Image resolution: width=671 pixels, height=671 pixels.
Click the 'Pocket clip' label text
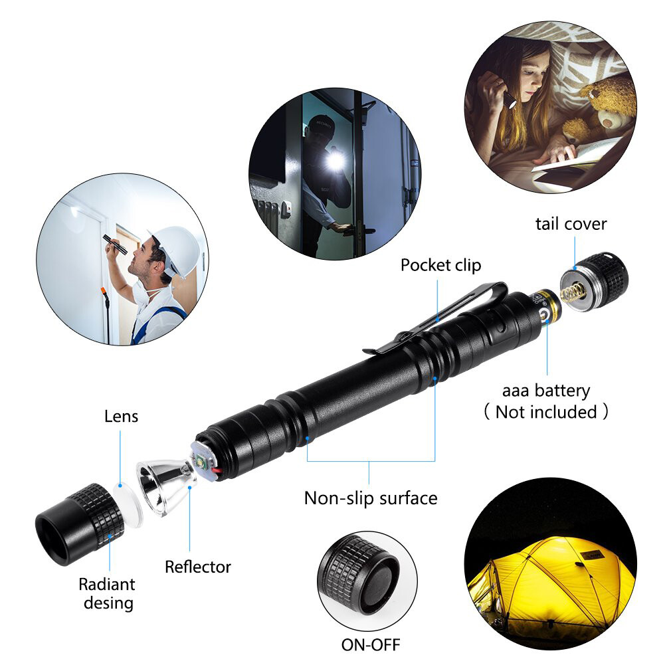click(440, 265)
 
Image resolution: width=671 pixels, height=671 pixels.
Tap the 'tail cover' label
click(571, 224)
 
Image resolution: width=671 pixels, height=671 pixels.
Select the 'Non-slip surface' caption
click(371, 498)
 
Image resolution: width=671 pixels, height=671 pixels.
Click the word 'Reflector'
click(198, 567)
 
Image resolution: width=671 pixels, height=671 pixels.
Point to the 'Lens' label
click(122, 417)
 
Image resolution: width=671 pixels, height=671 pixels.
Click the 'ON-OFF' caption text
click(371, 644)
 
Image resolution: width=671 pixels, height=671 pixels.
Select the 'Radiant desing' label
click(106, 593)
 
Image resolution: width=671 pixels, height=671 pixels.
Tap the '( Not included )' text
click(545, 412)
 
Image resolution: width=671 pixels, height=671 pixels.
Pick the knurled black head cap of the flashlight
click(80, 524)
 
